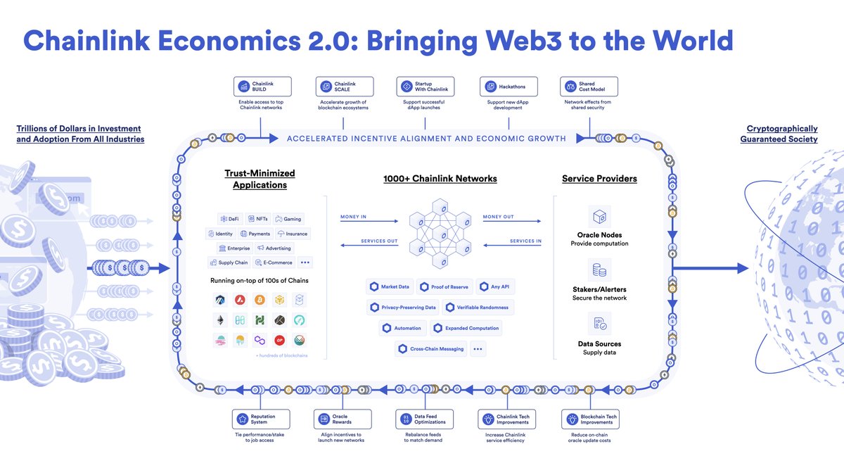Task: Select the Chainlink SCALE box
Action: [x=344, y=87]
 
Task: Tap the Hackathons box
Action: [x=504, y=87]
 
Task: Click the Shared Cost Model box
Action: [x=589, y=87]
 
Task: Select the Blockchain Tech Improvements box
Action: [x=589, y=419]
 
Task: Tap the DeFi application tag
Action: [x=229, y=219]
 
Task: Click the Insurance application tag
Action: [x=293, y=234]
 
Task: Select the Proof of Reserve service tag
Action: [x=444, y=286]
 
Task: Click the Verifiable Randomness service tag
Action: [x=479, y=308]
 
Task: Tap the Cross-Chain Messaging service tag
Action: [x=431, y=348]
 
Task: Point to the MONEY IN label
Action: [x=353, y=217]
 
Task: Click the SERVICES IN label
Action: [x=526, y=241]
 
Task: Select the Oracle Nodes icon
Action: [x=600, y=215]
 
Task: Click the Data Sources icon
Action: [x=600, y=324]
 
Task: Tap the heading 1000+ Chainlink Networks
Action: [x=440, y=179]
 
